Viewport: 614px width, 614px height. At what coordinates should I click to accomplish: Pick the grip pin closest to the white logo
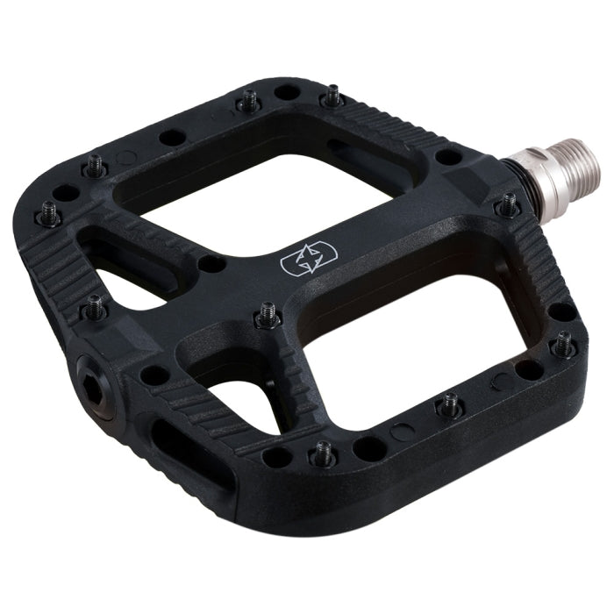267,316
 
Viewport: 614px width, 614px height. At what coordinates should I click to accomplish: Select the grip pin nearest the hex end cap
94,306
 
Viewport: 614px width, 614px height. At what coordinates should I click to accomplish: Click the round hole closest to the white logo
210,263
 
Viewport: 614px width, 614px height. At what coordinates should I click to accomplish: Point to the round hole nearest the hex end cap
154,375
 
